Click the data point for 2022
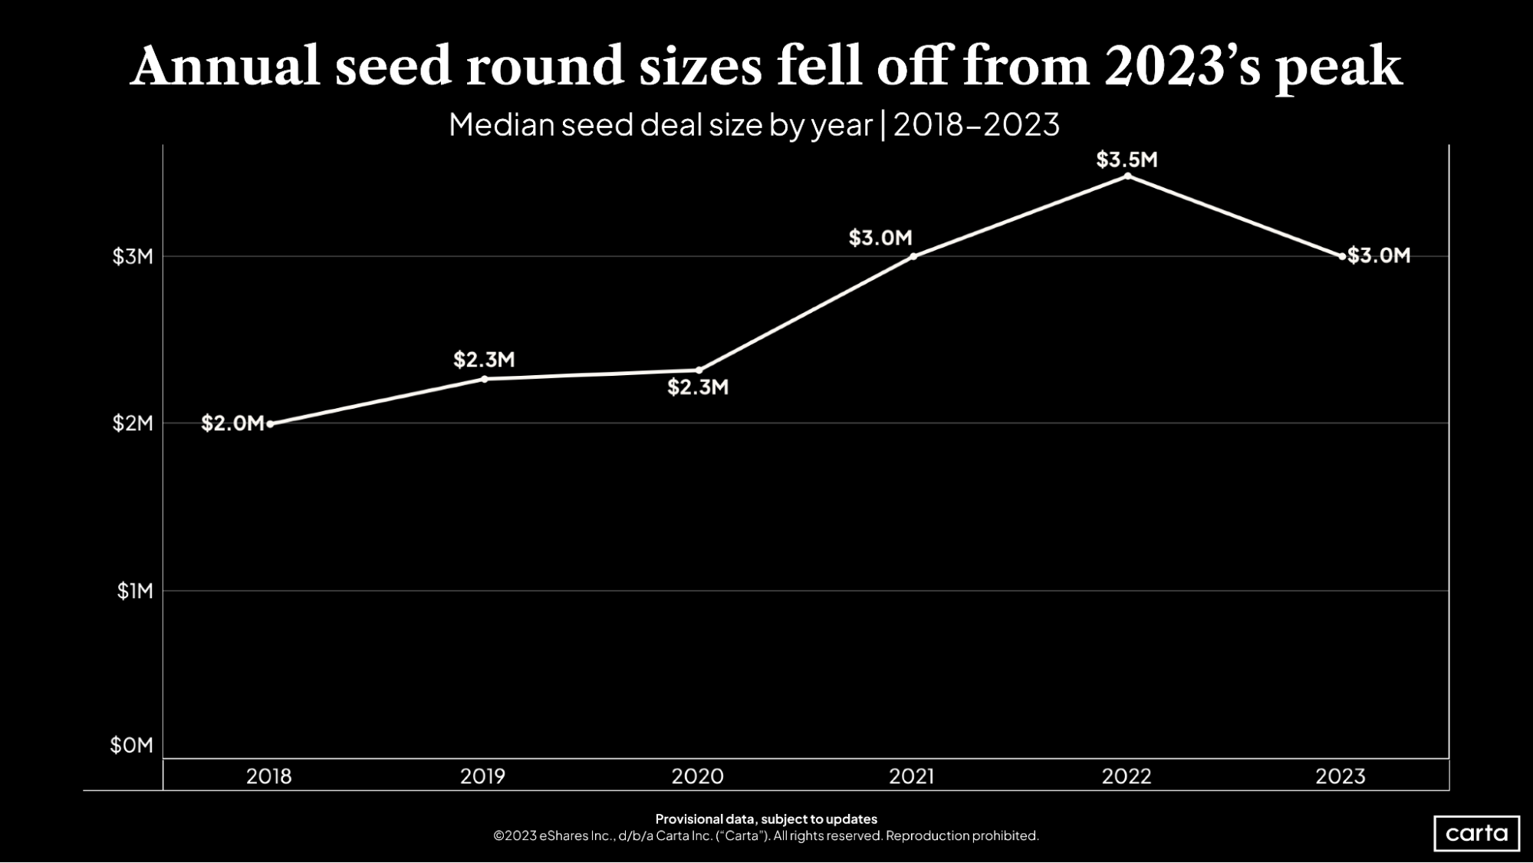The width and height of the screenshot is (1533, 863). (x=1127, y=176)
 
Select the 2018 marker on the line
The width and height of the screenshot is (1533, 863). (x=270, y=423)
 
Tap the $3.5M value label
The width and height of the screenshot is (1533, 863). (x=1127, y=160)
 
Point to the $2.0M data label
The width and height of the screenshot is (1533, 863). (x=232, y=423)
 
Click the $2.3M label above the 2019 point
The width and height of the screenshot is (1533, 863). (x=484, y=359)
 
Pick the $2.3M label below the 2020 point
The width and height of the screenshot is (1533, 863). (x=698, y=387)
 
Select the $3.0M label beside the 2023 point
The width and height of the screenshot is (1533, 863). (x=1379, y=255)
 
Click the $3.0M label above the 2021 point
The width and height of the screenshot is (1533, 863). (x=880, y=238)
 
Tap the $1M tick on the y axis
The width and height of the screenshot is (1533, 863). (x=135, y=591)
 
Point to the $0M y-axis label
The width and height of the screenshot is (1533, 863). (x=132, y=745)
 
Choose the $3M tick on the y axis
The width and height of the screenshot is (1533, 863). (x=133, y=256)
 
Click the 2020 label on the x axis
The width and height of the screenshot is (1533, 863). (x=697, y=776)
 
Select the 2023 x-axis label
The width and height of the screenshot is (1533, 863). (x=1341, y=776)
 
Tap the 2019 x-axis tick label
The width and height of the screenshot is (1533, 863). (x=482, y=776)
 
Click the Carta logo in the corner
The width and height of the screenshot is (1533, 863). (x=1476, y=833)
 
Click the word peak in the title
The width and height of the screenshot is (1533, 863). (x=1339, y=68)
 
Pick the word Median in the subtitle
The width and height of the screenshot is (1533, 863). (x=500, y=124)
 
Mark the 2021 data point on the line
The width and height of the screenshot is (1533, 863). (x=913, y=256)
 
